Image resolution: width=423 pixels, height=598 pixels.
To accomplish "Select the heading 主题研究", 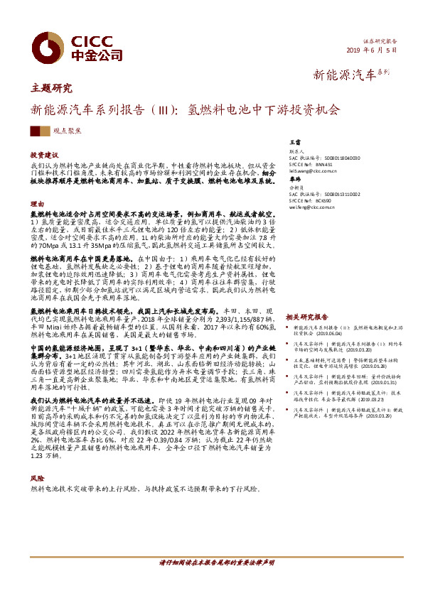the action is tap(51, 89).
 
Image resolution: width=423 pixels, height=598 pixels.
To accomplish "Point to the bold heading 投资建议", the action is tap(43, 154).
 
